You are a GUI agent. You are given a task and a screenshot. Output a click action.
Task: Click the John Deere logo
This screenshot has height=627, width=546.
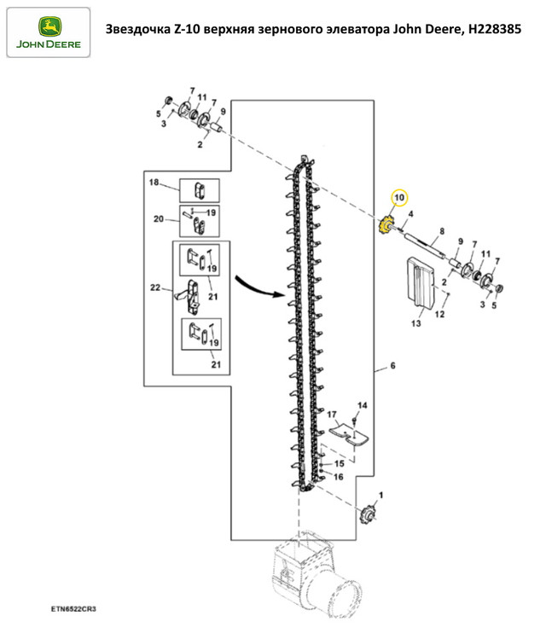point(49,32)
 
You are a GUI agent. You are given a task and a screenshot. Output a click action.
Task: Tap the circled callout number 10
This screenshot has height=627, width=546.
point(399,198)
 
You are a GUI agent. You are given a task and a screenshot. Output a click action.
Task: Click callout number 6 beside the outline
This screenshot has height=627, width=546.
point(392,365)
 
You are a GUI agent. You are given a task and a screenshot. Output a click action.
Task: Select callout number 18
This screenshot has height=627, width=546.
point(154,183)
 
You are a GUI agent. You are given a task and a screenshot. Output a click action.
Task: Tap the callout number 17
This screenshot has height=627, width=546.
point(332,415)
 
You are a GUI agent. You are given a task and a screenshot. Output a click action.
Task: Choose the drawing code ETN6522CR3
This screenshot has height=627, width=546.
point(73,609)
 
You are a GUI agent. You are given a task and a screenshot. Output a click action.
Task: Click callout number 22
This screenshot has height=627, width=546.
point(155,287)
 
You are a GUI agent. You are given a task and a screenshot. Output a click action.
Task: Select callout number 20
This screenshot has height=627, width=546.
point(159,218)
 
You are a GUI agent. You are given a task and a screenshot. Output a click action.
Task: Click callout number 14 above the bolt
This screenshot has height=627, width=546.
point(362,405)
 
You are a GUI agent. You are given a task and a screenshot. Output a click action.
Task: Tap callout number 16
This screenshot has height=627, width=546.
point(339,477)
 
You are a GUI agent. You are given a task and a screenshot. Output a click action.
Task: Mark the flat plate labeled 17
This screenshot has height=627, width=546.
point(348,434)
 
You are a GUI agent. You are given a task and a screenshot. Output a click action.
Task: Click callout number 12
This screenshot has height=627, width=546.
point(439,314)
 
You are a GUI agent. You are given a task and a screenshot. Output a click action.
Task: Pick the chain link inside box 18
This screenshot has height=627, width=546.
point(200,190)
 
